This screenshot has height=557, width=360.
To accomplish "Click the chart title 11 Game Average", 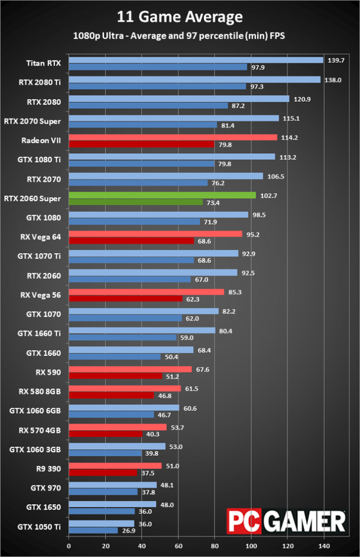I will click(x=180, y=17).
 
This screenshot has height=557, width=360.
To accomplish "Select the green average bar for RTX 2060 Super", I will click(x=162, y=195).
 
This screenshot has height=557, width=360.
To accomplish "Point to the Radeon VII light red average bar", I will click(x=173, y=137).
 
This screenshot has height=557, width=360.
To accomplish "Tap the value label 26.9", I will click(x=127, y=531).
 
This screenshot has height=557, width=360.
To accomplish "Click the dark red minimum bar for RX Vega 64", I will click(x=132, y=241).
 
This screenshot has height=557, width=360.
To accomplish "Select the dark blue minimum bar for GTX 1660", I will click(x=115, y=357).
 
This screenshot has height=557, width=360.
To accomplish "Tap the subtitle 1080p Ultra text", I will click(x=180, y=35).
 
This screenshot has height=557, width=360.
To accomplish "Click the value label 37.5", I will click(x=147, y=473).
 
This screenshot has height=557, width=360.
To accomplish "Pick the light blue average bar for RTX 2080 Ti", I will click(x=194, y=80).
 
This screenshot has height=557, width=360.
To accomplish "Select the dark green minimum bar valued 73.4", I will click(x=136, y=202).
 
